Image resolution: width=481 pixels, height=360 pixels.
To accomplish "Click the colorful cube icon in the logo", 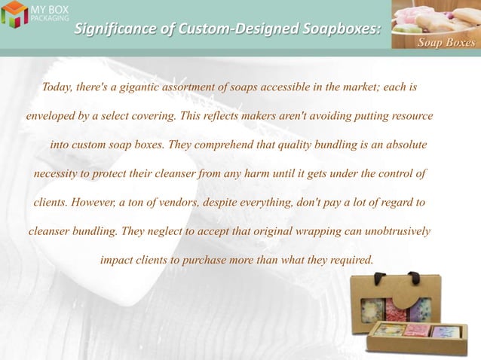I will pos(14,14).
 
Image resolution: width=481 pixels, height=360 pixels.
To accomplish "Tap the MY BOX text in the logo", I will pos(48,8).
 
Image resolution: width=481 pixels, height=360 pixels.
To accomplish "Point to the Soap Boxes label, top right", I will pos(446,42).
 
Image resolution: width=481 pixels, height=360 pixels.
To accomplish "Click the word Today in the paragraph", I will pos(57,87).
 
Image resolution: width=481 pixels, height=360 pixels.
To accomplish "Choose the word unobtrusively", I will pos(393,231).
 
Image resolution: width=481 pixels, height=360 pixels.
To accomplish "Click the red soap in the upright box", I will pos(395,308).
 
